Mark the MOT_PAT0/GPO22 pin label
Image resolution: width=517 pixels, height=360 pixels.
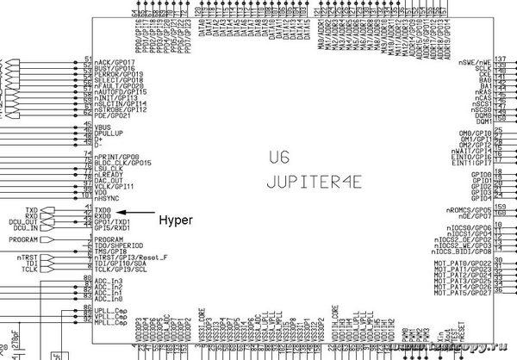coord(464,262)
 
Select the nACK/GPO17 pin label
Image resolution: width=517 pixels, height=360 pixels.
coord(115,63)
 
